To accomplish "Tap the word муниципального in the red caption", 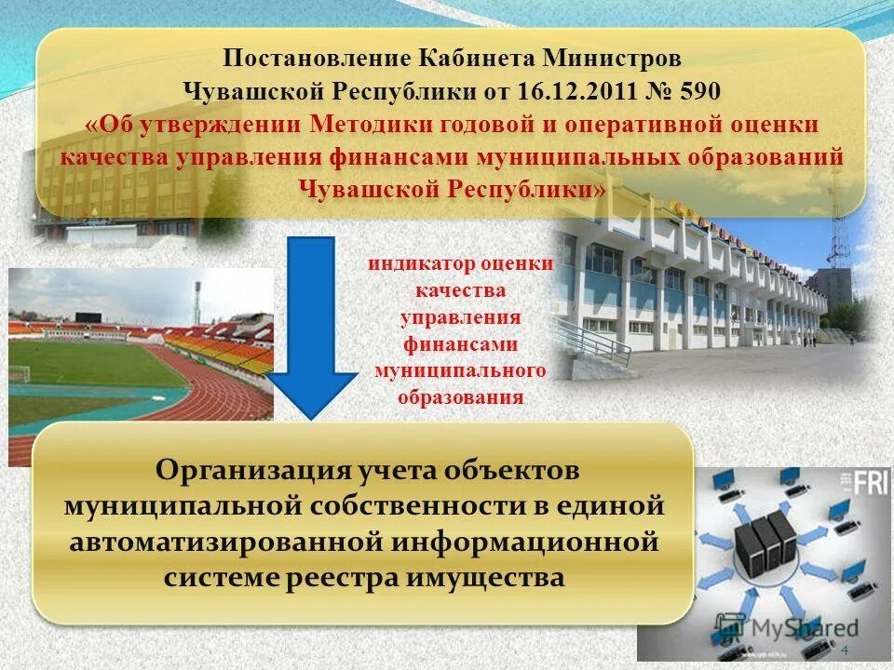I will tap(459, 371).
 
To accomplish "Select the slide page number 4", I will tap(845, 649).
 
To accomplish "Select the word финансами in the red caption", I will tap(460, 344).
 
